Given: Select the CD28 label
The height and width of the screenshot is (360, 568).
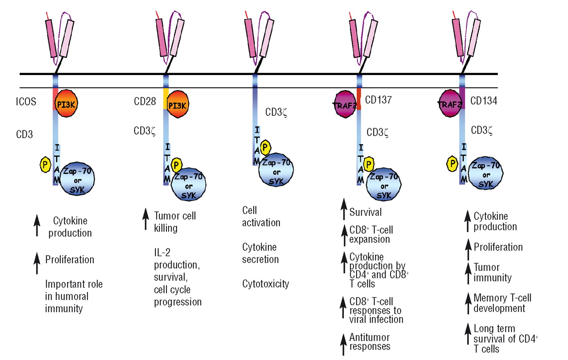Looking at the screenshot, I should [145, 102].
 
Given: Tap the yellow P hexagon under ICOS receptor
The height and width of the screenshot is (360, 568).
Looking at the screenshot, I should [46, 165].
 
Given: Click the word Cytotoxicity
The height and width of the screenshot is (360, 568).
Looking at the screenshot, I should [265, 284].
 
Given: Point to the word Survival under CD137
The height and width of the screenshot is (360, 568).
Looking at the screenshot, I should [365, 212].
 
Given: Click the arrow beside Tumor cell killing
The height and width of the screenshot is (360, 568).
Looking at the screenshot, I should [146, 221].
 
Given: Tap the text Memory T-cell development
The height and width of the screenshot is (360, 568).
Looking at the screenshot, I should [502, 303].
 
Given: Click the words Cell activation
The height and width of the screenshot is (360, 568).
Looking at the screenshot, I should [261, 216].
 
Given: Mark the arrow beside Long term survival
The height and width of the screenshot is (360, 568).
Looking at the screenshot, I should [467, 334].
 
